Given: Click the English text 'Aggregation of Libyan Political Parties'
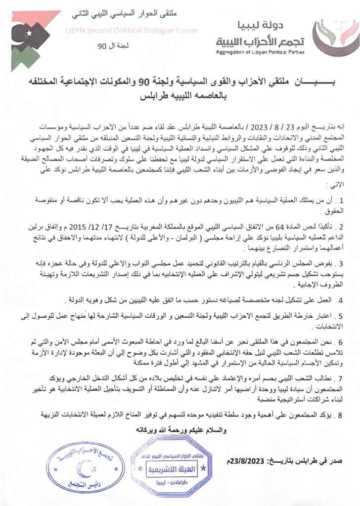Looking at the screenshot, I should tap(260, 51).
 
